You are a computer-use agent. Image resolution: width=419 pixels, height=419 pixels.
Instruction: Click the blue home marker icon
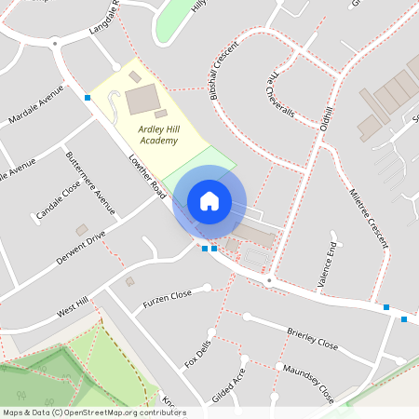(x=209, y=201)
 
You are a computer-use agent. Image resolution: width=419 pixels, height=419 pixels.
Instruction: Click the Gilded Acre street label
(x=228, y=384)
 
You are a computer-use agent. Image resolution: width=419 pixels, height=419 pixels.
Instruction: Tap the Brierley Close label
(x=312, y=336)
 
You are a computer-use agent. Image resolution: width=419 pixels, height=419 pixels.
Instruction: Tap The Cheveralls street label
(x=279, y=97)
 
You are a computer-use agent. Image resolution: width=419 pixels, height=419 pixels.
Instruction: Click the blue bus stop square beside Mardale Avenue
(x=88, y=97)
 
